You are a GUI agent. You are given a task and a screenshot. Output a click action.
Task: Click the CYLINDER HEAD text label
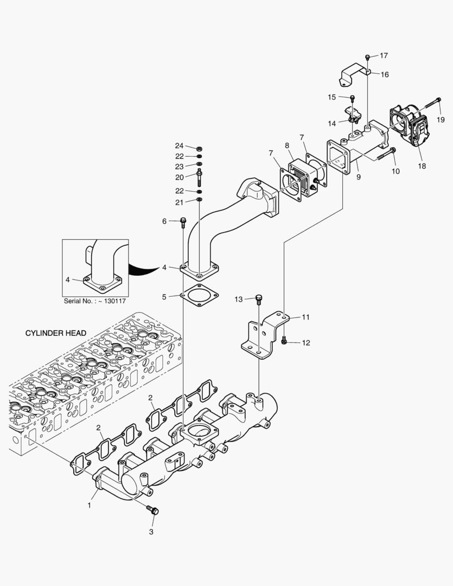coord(56,333)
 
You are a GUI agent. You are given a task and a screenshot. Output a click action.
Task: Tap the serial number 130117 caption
coord(95,301)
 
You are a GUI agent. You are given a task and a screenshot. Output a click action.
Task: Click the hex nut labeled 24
coord(199,147)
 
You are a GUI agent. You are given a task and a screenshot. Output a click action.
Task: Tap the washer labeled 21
coord(199,201)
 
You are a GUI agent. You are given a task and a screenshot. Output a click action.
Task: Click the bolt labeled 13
coord(259,298)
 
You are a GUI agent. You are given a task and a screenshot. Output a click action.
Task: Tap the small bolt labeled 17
coord(368,56)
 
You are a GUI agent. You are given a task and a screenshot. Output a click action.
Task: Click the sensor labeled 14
coord(354,116)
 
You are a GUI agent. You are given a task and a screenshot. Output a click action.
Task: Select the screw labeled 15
coord(352,98)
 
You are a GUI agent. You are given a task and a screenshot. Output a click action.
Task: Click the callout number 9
coord(358,177)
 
